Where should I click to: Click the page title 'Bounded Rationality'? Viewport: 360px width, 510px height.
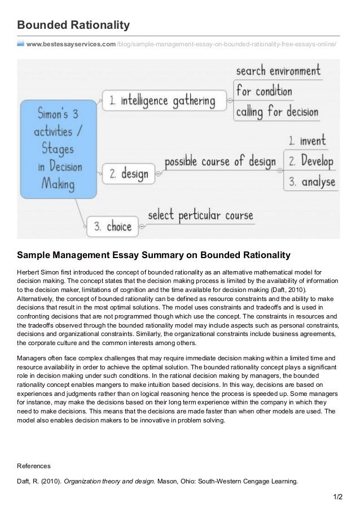tap(74, 25)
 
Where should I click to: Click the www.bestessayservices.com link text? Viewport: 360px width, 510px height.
tap(71, 43)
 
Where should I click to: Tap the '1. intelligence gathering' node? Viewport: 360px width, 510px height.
tap(161, 101)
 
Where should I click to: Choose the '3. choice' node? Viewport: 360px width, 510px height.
tap(112, 227)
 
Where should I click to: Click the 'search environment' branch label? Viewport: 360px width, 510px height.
tap(278, 72)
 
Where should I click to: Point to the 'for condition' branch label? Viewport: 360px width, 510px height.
tap(264, 90)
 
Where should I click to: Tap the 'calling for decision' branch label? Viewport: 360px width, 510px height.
tap(276, 111)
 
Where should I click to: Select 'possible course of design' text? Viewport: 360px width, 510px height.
tap(219, 161)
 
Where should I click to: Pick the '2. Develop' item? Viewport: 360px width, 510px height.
tap(312, 161)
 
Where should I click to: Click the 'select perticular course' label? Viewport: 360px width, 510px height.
tap(200, 216)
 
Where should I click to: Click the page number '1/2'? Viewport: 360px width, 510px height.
tap(337, 499)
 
